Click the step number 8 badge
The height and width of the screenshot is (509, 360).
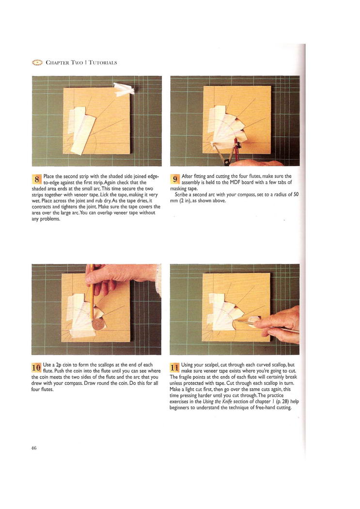[x=37, y=179]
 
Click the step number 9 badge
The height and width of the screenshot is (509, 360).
[x=175, y=179]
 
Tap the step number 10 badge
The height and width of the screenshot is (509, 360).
[x=36, y=367]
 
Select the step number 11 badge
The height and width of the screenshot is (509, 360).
[x=174, y=367]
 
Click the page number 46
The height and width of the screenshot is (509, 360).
[x=34, y=448]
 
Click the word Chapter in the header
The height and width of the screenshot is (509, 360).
[x=57, y=63]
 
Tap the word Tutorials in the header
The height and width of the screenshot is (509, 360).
[x=103, y=63]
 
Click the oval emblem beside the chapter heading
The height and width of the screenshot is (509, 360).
[x=37, y=63]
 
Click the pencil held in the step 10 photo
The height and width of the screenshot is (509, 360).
[x=92, y=292]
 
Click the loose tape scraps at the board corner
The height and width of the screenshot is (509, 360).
[x=124, y=89]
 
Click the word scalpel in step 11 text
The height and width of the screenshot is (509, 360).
[x=211, y=365]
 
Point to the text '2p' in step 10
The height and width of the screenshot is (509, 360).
[x=59, y=365]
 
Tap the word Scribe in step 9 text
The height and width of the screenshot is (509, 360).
[x=181, y=195]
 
